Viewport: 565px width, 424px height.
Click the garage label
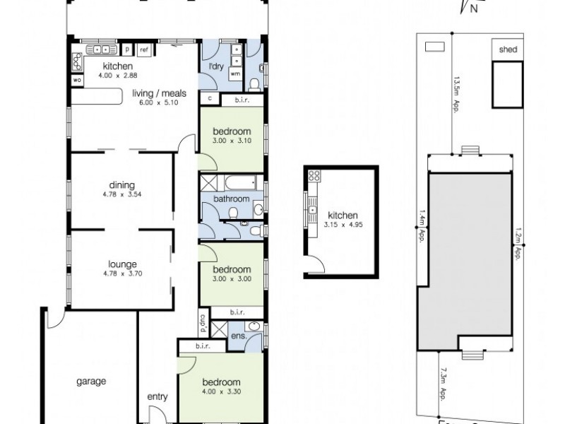pos(91,382)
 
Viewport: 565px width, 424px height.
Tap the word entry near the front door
pos(157,397)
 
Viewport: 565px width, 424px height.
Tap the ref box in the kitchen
pos(143,49)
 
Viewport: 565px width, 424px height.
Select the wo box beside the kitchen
pos(76,80)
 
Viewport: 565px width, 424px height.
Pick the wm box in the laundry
pos(234,72)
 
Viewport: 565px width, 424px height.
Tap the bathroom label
pos(232,200)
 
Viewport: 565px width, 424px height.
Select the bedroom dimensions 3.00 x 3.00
pos(232,278)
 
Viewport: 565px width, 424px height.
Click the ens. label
pos(238,336)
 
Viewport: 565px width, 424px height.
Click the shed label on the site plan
pos(508,49)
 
